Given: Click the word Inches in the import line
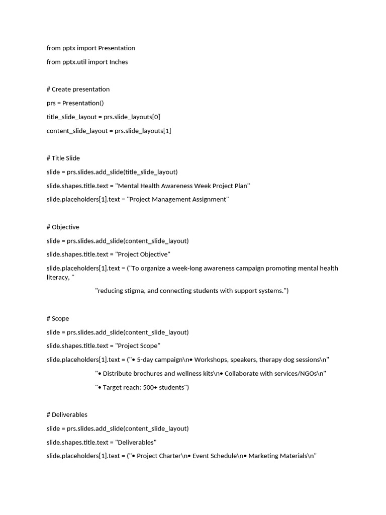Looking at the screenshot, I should (118, 62).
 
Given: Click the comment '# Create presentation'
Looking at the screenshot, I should (78, 89).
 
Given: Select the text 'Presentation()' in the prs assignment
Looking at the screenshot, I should (83, 103).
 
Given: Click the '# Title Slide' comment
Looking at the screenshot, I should (63, 158).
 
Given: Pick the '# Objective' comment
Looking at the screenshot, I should (63, 227).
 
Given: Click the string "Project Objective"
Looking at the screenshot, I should (143, 254).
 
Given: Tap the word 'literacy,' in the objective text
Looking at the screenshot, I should (57, 277).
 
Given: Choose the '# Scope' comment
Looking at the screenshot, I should (58, 318).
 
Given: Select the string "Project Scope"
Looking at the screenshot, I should (138, 346).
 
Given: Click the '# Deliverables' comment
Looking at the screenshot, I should (67, 414).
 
